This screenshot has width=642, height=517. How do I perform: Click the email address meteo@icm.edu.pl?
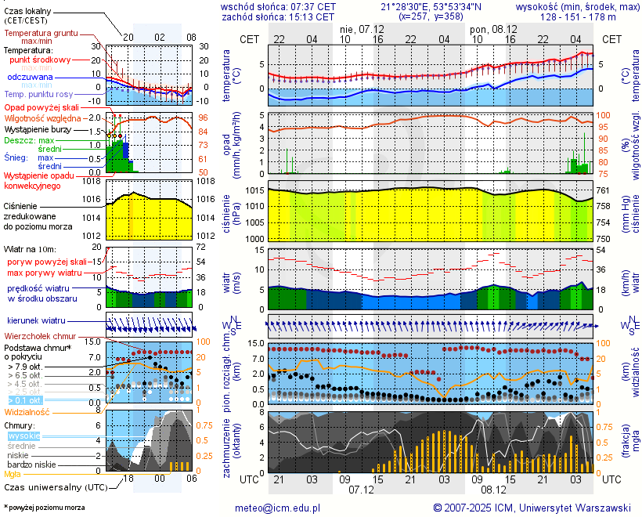tap(278, 508)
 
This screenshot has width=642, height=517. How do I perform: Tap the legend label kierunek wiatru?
tap(36, 320)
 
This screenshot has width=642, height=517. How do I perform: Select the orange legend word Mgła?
tap(13, 474)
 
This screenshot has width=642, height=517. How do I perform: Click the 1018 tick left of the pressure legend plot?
tap(93, 181)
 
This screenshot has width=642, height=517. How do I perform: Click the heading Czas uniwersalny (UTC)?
tap(55, 487)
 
